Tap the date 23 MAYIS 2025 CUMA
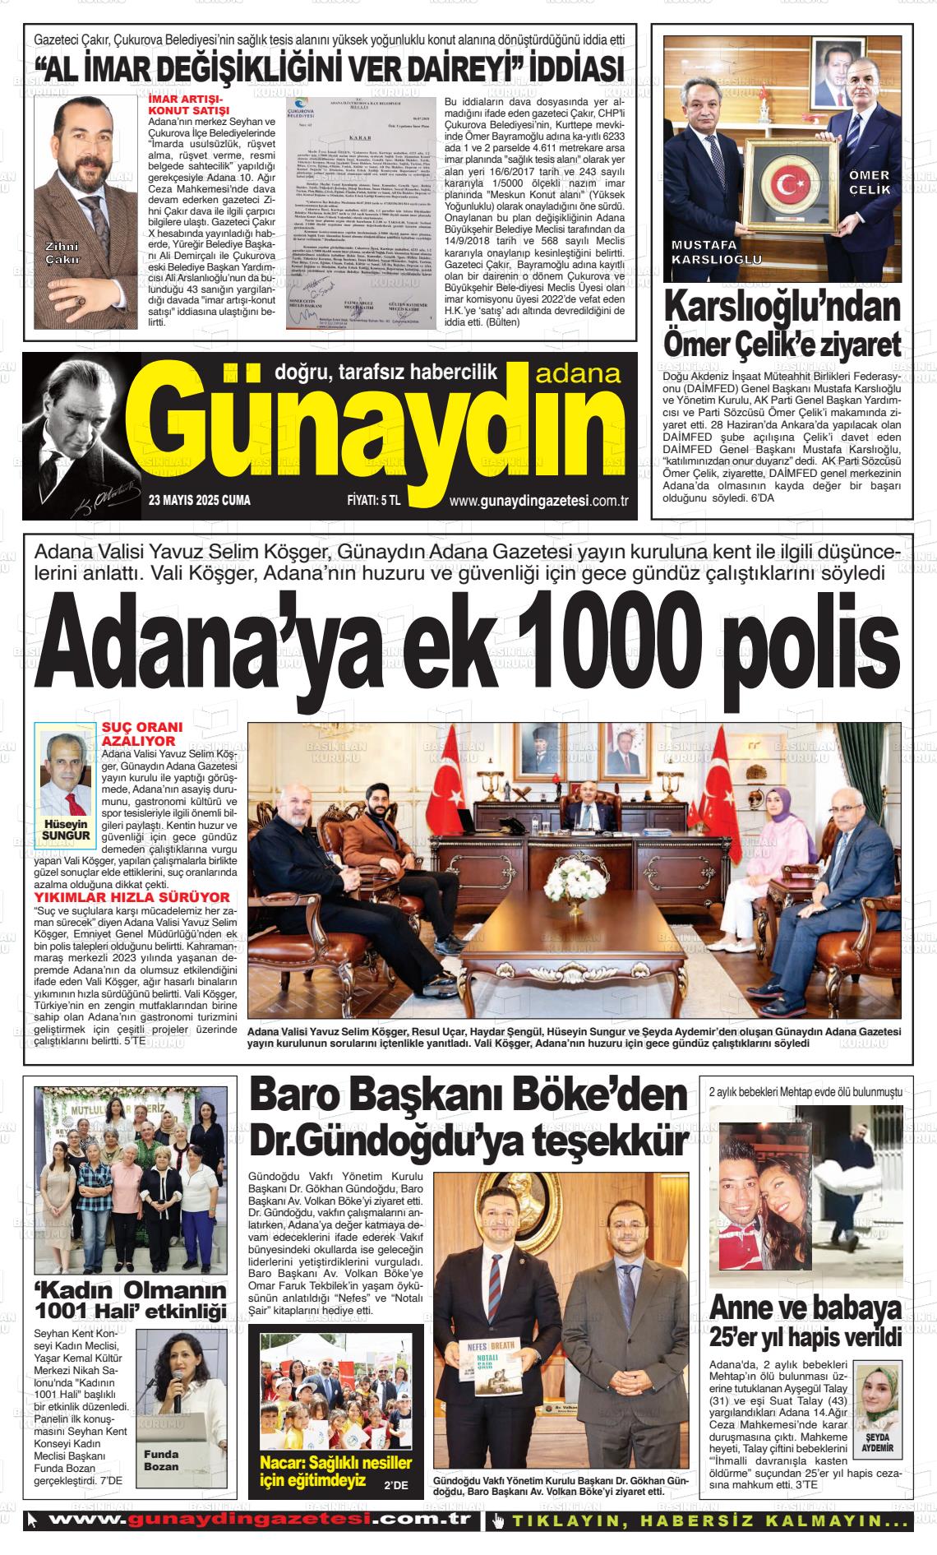200,500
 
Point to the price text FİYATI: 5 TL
373,500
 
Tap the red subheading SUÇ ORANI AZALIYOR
137,734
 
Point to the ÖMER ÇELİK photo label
869,183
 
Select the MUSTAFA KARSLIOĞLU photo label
717,252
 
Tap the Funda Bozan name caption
161,1460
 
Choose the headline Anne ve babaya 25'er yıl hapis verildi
805,1323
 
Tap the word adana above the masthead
578,374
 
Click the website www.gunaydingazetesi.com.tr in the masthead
539,501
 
